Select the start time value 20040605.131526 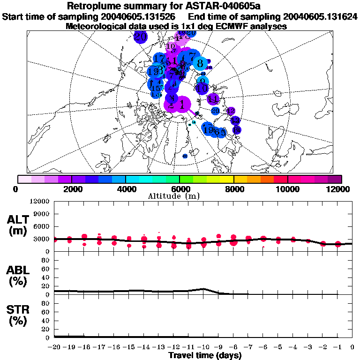point(140,17)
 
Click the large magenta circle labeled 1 point(182,105)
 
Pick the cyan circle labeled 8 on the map point(200,63)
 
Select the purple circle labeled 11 point(213,99)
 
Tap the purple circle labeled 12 point(231,111)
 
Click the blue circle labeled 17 point(159,59)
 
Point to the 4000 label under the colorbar point(126,188)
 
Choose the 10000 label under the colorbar point(287,188)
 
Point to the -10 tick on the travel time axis point(203,347)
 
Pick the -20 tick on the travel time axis point(54,347)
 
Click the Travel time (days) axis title point(205,356)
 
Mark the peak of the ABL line point(203,289)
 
